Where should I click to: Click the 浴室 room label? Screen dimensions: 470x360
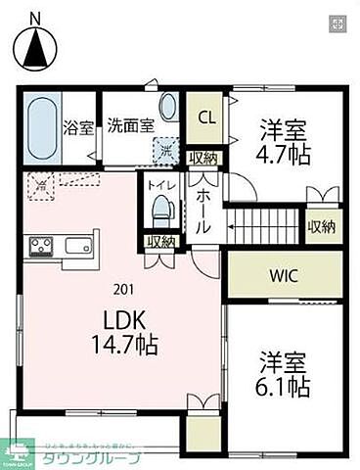pyautogui.click(x=78, y=126)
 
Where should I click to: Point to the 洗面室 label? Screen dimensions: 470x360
pyautogui.click(x=130, y=126)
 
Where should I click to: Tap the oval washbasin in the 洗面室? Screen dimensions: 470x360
pyautogui.click(x=168, y=108)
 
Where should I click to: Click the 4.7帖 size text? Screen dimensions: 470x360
pyautogui.click(x=285, y=153)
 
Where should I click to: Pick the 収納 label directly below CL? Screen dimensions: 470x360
pyautogui.click(x=204, y=158)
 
